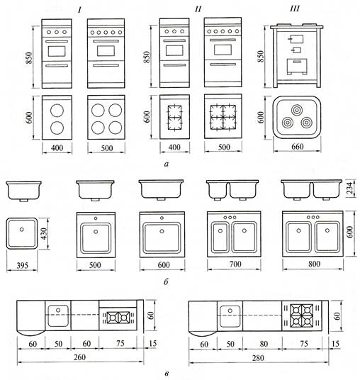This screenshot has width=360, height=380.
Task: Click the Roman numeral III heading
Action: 295,9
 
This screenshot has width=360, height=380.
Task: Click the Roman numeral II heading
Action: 198,9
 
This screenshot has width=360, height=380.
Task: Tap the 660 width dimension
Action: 297,147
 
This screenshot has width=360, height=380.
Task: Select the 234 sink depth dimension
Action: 350,189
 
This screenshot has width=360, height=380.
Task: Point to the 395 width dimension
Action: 22,266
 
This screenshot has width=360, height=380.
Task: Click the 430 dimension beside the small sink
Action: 44,234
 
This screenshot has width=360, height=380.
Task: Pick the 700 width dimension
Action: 235,264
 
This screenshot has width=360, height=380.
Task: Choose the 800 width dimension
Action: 314,264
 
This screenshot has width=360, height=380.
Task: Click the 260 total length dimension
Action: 79,357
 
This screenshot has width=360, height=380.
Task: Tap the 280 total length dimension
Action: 258,358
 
